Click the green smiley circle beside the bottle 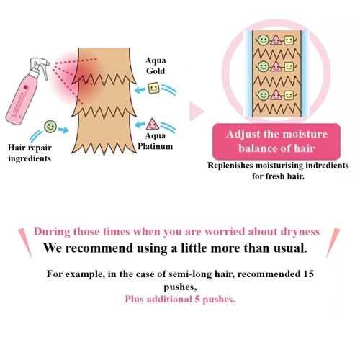click(50, 126)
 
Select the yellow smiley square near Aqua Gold click(154, 88)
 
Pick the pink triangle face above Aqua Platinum click(152, 124)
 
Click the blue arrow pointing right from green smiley click(63, 130)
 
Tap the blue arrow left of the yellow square click(140, 90)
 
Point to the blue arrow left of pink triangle click(140, 125)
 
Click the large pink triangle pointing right click(197, 112)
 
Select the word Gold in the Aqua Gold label click(156, 71)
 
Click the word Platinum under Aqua click(155, 146)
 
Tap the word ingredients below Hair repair click(30, 158)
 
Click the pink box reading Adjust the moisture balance click(276, 142)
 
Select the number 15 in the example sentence click(308, 274)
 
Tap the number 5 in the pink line click(197, 300)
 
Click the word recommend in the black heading click(99, 248)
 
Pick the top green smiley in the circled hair click(264, 40)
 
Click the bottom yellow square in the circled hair click(289, 95)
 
